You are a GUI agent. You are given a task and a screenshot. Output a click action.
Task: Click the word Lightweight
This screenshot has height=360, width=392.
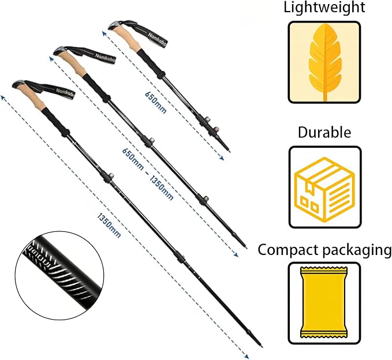pyautogui.click(x=324, y=7)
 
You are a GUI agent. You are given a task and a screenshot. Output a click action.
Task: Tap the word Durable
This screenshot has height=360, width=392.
pyautogui.click(x=324, y=132)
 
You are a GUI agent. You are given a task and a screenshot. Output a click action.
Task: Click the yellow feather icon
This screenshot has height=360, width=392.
pyautogui.click(x=325, y=62)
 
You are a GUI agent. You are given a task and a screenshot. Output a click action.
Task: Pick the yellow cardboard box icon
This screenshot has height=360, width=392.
pyautogui.click(x=325, y=190)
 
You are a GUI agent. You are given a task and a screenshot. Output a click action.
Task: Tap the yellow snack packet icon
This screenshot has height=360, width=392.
pyautogui.click(x=324, y=302)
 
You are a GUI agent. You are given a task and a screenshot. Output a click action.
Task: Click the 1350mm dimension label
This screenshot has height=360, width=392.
pyautogui.click(x=109, y=226)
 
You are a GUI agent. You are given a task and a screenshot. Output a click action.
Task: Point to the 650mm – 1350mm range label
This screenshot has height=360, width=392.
pyautogui.click(x=148, y=174)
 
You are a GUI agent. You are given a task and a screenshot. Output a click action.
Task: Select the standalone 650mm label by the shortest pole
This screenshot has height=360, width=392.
pyautogui.click(x=155, y=103)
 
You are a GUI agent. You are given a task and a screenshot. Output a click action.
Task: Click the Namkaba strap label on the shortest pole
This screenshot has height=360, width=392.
pyautogui.click(x=158, y=39)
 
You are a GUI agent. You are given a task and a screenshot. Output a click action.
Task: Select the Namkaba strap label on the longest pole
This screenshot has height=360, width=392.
pyautogui.click(x=65, y=93)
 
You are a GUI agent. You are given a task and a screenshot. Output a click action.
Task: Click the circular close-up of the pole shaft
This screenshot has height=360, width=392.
pyautogui.click(x=59, y=276)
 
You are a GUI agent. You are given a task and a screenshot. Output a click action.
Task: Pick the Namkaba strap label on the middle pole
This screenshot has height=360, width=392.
pyautogui.click(x=105, y=58)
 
